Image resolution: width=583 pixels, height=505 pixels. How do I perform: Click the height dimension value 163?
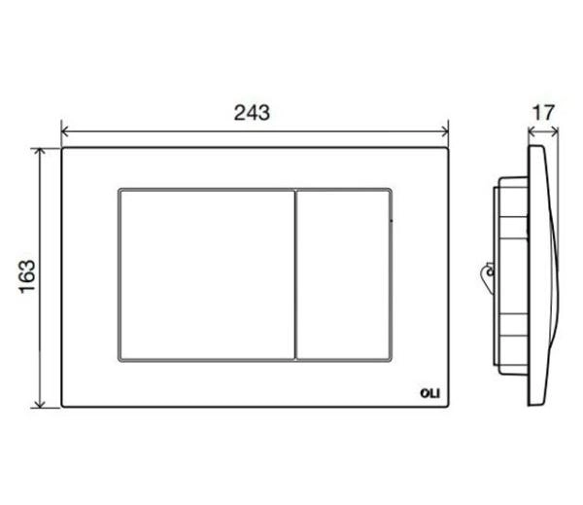[x=26, y=277]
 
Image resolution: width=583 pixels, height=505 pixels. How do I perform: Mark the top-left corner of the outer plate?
[x=63, y=150]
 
